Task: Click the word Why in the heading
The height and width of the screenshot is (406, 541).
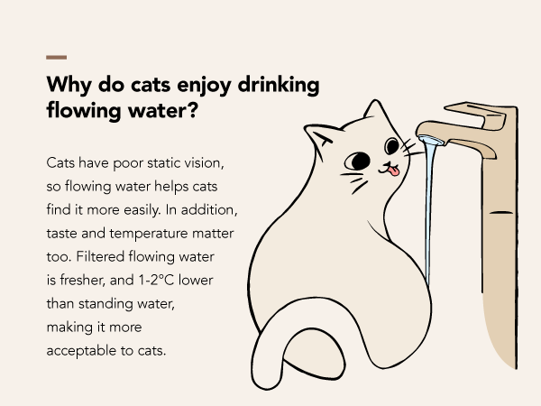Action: click(66, 86)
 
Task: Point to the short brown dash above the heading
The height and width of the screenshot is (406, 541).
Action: click(55, 57)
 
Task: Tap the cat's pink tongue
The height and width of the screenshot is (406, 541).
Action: click(392, 169)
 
